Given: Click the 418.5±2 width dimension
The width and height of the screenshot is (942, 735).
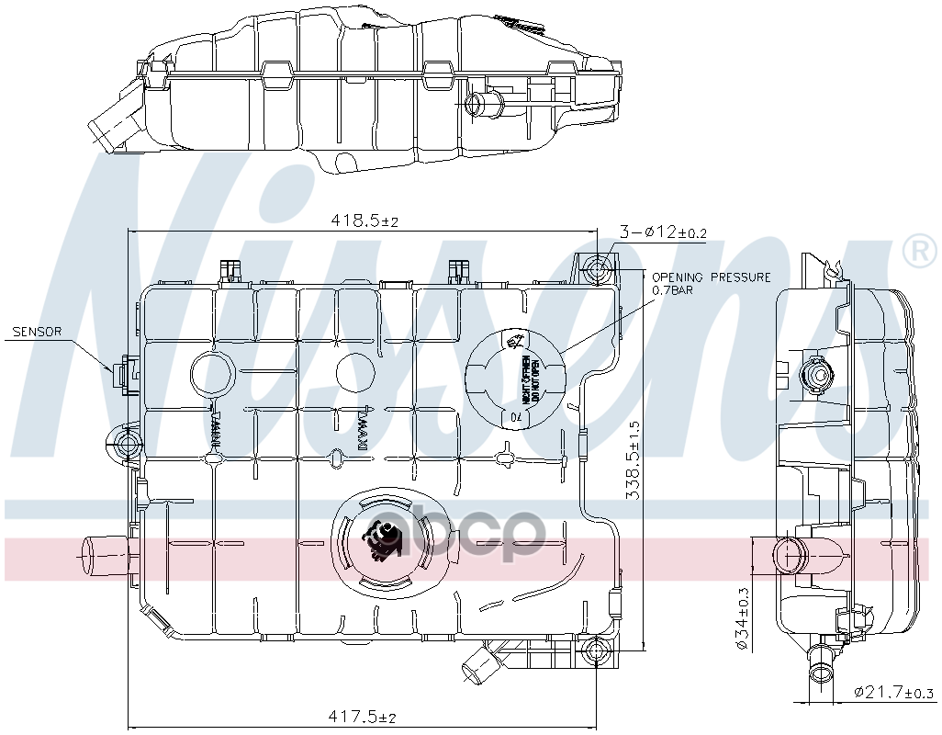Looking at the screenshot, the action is pyautogui.click(x=364, y=221).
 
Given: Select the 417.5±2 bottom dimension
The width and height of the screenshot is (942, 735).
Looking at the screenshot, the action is pyautogui.click(x=364, y=717).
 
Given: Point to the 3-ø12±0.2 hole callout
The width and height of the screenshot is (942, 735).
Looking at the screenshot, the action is pyautogui.click(x=662, y=232).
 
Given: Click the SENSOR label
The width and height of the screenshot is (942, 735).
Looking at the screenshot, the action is pyautogui.click(x=37, y=332).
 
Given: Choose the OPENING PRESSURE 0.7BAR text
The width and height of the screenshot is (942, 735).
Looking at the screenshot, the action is pyautogui.click(x=711, y=283).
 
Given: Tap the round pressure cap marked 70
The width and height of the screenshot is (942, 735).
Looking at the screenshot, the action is pyautogui.click(x=514, y=378).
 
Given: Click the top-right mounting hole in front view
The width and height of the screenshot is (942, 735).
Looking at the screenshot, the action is pyautogui.click(x=598, y=270).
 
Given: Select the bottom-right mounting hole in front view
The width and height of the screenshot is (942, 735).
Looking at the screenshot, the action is pyautogui.click(x=597, y=653).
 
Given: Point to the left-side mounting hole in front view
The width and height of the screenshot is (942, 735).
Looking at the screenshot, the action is pyautogui.click(x=126, y=445).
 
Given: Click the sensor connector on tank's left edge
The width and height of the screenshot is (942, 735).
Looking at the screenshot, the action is pyautogui.click(x=123, y=375).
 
